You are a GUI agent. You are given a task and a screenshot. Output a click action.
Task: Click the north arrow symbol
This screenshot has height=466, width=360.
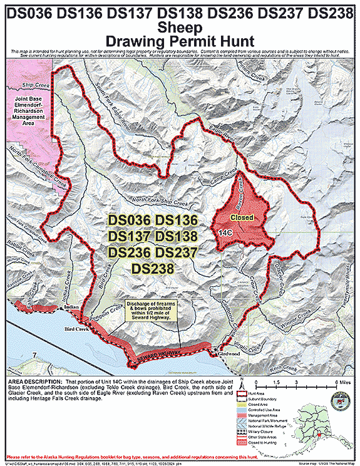(257, 385)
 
